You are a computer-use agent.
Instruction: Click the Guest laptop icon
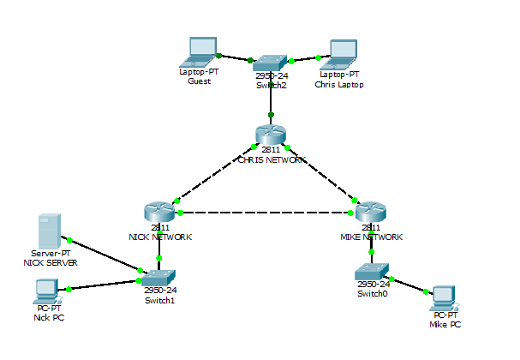[202, 51]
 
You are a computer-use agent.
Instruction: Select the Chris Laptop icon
[343, 53]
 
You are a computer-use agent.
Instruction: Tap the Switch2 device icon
[271, 63]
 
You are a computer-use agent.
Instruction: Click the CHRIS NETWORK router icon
[271, 135]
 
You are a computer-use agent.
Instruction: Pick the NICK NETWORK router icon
[159, 213]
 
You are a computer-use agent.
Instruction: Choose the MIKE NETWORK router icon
[371, 213]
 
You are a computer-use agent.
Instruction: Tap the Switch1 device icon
[159, 277]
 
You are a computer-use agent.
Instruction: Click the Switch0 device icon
[371, 272]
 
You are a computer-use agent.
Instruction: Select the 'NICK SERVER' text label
[50, 263]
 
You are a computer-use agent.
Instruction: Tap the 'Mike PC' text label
[445, 325]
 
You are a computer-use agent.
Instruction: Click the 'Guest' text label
[199, 81]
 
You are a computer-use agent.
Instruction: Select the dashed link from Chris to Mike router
[321, 174]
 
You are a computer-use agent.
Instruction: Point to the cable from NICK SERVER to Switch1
[103, 257]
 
